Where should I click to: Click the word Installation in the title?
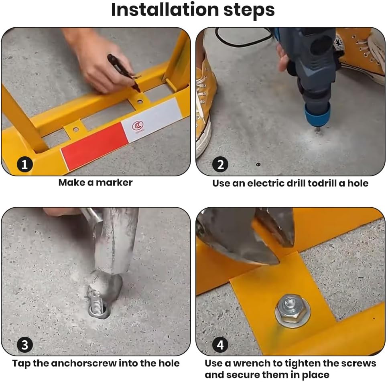pyautogui.click(x=165, y=10)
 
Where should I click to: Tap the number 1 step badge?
pyautogui.click(x=25, y=164)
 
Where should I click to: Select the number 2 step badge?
pyautogui.click(x=220, y=164)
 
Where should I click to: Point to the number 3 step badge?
pyautogui.click(x=25, y=345)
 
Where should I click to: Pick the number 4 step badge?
pyautogui.click(x=220, y=345)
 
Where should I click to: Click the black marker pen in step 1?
pyautogui.click(x=124, y=73)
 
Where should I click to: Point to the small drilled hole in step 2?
pyautogui.click(x=258, y=164)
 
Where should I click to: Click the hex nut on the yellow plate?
pyautogui.click(x=293, y=310)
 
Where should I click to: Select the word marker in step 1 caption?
pyautogui.click(x=114, y=183)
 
